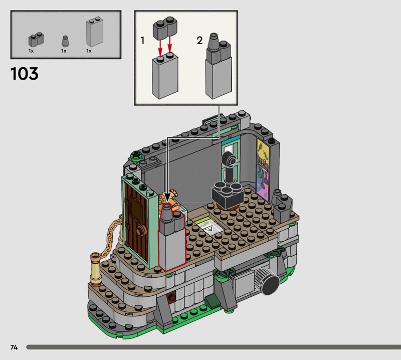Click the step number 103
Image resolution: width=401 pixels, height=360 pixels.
[25, 74]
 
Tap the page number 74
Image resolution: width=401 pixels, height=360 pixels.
[14, 347]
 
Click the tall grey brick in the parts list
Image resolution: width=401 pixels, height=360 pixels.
[94, 32]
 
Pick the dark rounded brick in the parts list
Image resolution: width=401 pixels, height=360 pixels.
[36, 39]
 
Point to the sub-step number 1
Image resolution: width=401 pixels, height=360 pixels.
[142, 41]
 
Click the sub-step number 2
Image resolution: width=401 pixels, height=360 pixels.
[199, 41]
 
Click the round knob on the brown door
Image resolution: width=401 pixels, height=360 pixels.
[141, 230]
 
